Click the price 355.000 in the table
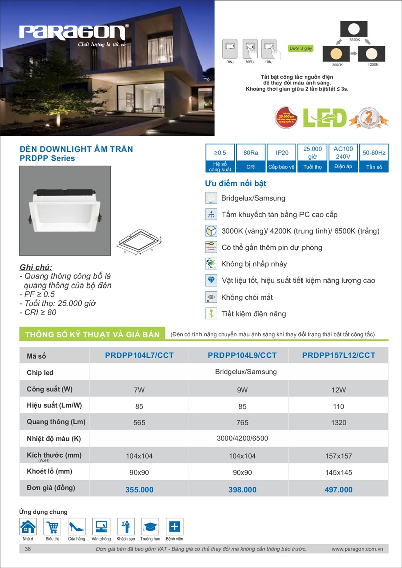(139, 490)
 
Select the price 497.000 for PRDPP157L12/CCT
(338, 490)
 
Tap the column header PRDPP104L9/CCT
(242, 355)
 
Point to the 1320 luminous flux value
(339, 423)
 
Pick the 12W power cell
(339, 390)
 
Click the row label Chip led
(40, 373)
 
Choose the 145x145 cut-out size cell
(339, 473)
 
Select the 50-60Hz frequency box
(374, 152)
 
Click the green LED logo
(325, 117)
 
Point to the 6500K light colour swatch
(354, 28)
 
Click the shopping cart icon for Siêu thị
(52, 527)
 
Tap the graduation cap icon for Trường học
(150, 527)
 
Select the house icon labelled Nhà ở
(28, 527)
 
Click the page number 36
(28, 549)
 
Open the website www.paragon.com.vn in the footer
(357, 549)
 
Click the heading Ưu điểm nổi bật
(235, 183)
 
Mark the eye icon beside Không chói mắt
(211, 297)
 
